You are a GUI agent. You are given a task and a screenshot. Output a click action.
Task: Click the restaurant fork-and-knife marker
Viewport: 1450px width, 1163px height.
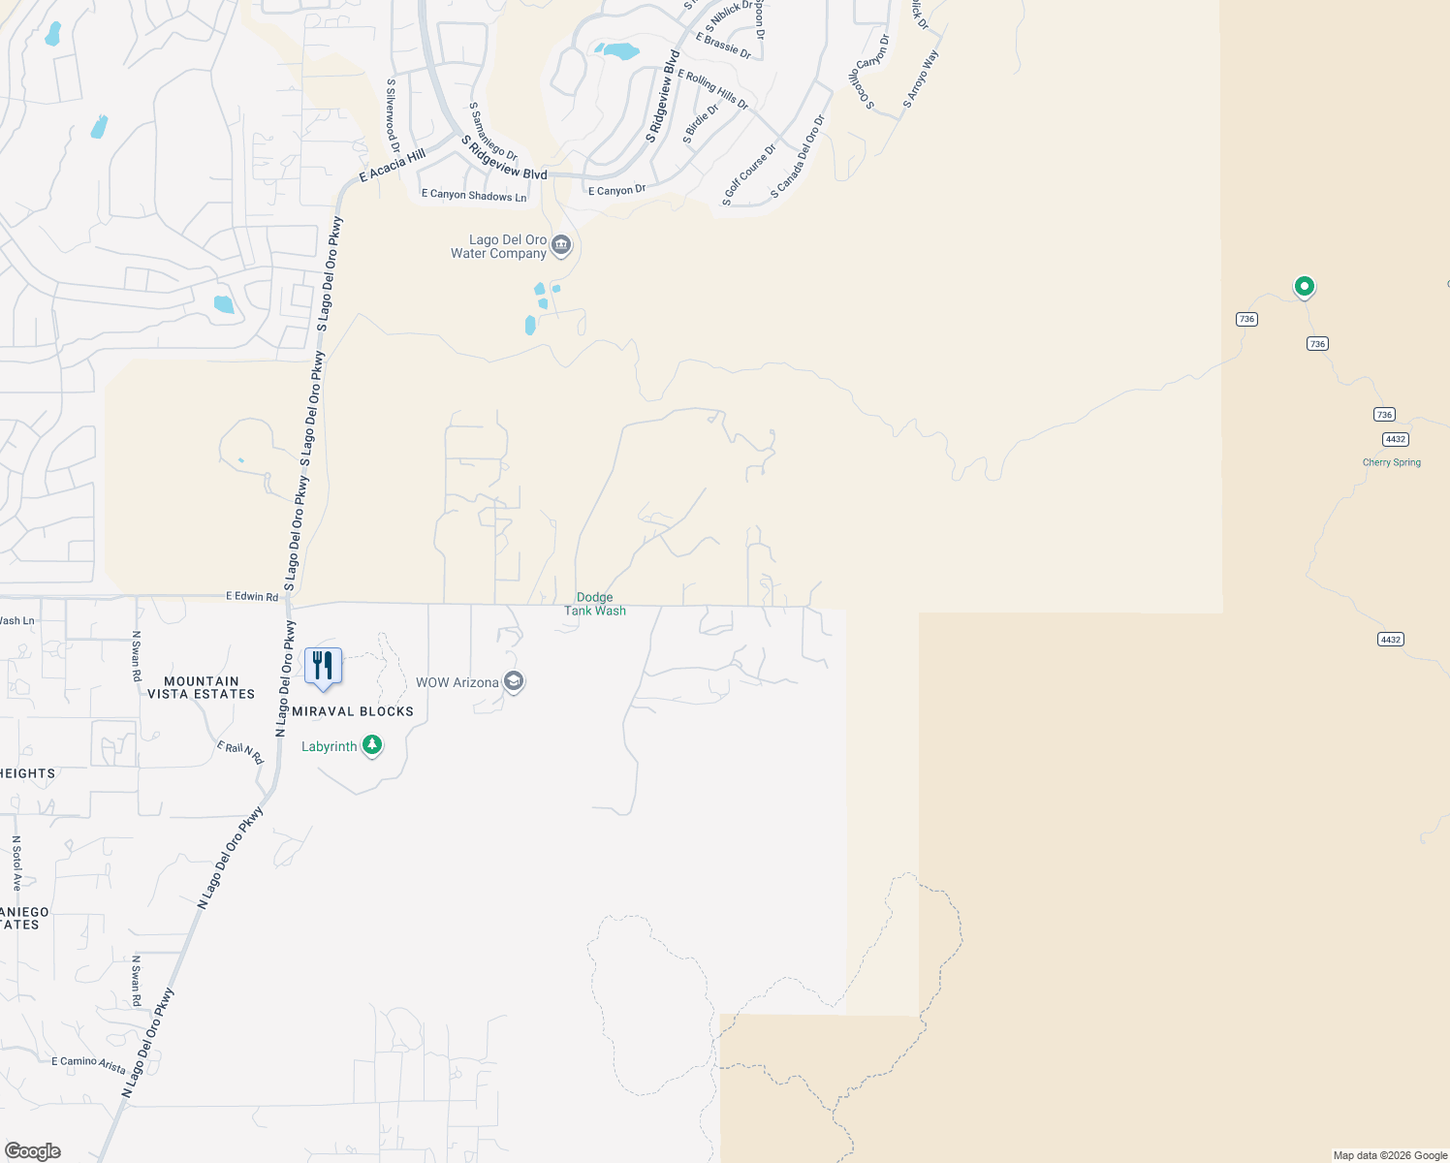click(x=323, y=666)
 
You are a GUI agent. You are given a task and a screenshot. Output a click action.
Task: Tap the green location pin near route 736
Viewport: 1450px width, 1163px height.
click(x=1304, y=286)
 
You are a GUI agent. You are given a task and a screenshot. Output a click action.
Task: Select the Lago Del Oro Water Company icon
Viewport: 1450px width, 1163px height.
click(x=561, y=246)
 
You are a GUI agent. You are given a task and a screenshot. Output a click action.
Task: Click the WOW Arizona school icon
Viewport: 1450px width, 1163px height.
click(x=514, y=682)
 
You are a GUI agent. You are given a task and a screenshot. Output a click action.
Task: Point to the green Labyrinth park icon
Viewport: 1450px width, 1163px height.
click(x=372, y=745)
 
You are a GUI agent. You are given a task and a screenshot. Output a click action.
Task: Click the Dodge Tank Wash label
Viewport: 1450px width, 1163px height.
click(x=595, y=604)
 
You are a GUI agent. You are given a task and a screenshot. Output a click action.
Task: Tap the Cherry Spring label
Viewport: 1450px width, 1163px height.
click(x=1391, y=462)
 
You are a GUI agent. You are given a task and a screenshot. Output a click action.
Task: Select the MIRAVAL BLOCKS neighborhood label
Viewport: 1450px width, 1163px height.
click(x=353, y=711)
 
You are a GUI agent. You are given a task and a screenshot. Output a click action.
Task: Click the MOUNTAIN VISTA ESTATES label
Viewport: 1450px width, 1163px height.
click(x=201, y=688)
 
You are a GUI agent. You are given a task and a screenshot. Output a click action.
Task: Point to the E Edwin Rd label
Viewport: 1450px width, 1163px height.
click(x=252, y=596)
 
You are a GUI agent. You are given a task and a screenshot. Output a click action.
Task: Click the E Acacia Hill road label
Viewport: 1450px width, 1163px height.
click(x=393, y=166)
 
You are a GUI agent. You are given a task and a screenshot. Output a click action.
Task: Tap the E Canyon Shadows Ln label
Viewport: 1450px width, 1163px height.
click(x=474, y=195)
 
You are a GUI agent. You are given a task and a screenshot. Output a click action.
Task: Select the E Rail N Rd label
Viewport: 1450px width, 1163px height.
click(x=240, y=752)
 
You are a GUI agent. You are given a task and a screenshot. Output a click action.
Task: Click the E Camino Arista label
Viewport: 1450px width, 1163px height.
click(x=88, y=1064)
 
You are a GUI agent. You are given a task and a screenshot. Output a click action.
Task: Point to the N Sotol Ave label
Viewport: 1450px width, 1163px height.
click(x=16, y=864)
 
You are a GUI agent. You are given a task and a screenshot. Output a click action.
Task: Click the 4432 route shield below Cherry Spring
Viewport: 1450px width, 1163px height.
click(x=1390, y=639)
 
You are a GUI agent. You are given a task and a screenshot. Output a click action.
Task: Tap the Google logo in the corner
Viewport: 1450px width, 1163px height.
click(x=33, y=1150)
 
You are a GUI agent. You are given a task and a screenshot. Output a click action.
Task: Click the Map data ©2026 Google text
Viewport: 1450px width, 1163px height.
click(x=1390, y=1155)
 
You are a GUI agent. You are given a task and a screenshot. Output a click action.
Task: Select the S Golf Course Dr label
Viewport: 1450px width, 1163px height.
click(x=749, y=175)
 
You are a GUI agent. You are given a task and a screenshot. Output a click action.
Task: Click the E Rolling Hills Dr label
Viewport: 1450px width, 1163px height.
click(x=712, y=89)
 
